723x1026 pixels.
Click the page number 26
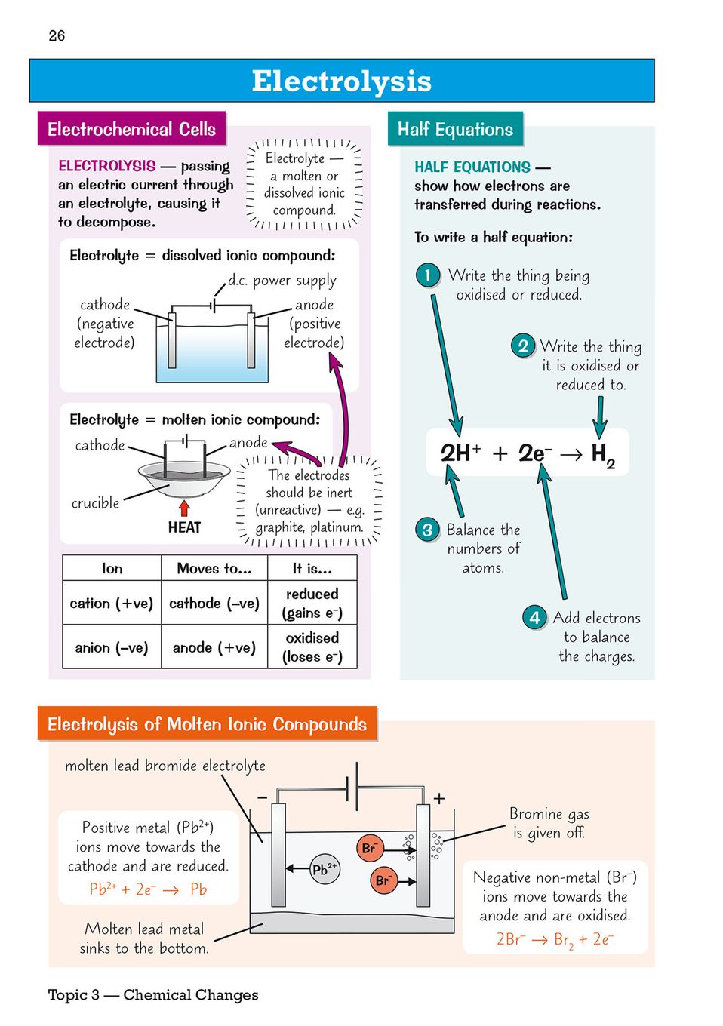tap(57, 35)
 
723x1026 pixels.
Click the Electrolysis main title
tap(341, 81)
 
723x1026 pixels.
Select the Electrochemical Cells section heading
tap(131, 129)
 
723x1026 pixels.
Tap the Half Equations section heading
tap(455, 129)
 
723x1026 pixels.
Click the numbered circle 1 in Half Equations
tap(427, 275)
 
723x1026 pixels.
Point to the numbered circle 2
tap(522, 346)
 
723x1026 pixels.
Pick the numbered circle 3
tap(427, 530)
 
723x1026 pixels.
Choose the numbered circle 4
tap(534, 618)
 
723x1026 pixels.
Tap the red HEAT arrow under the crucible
tap(183, 508)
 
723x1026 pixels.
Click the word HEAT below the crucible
tap(184, 527)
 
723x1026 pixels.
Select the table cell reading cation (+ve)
tap(112, 604)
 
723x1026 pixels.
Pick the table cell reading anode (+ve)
tap(214, 647)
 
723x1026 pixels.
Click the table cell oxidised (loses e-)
tap(312, 647)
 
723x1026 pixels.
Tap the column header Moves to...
tap(214, 569)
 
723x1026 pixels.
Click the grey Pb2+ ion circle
tap(325, 869)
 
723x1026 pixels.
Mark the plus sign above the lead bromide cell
tap(439, 798)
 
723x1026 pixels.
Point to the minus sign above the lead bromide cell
tap(262, 797)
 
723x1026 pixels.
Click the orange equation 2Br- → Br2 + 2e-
tap(555, 939)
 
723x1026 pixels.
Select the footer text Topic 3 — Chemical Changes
tap(153, 995)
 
